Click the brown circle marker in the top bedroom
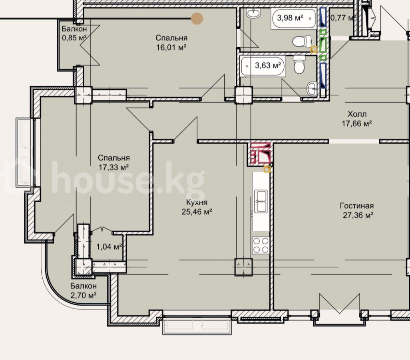197,18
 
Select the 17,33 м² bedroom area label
114,167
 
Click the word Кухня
197,202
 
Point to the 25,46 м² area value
197,212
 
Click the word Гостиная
357,206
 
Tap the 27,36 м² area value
358,215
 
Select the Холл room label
357,114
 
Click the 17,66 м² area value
357,123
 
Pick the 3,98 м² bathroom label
290,18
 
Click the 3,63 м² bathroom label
269,65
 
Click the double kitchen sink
261,201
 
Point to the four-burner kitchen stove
261,245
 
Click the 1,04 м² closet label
109,247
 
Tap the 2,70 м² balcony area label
84,295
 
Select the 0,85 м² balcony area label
74,38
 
